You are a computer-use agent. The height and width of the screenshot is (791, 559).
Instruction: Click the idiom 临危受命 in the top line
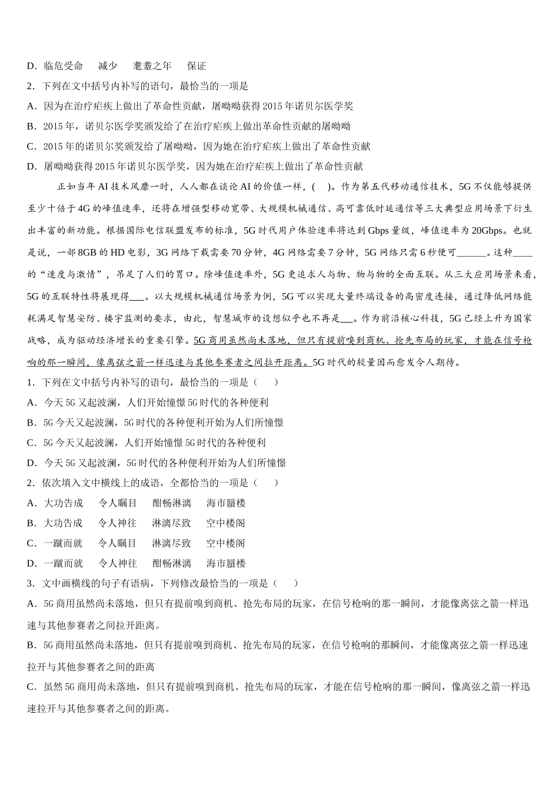(63, 66)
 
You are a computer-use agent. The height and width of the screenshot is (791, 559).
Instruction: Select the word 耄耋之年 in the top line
(152, 66)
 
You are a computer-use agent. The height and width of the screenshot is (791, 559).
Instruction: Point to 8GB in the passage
(87, 252)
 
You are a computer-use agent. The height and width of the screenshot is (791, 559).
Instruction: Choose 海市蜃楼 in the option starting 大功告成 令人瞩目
(226, 503)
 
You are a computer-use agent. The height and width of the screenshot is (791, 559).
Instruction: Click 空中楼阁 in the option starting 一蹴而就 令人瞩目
(225, 543)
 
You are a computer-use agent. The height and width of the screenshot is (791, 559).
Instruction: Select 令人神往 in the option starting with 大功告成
(117, 523)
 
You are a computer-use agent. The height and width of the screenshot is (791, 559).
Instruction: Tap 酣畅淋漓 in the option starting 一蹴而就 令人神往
(172, 563)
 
